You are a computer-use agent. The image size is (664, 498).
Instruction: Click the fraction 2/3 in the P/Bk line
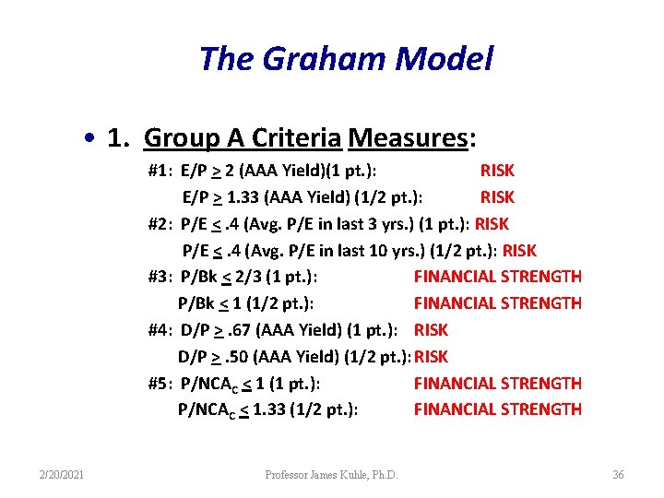pos(246,276)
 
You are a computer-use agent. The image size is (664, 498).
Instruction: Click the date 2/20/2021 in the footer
pos(63,475)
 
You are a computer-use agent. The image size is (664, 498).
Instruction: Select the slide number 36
pos(618,475)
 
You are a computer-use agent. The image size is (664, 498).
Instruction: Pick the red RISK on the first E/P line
pos(497,171)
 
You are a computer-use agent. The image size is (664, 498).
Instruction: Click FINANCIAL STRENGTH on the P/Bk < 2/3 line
pos(498,276)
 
